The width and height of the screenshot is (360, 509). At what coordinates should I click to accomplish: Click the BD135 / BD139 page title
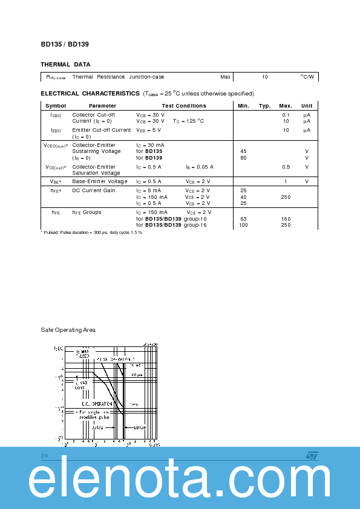coord(65,44)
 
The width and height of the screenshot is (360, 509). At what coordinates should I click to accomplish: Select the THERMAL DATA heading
coord(65,64)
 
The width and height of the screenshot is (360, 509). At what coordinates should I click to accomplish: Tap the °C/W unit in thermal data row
coord(307,77)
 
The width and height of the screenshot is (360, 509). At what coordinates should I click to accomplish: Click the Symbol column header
coord(56,106)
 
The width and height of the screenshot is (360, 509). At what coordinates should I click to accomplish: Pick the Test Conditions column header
coord(184,106)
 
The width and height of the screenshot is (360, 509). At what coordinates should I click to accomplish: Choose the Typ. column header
coord(264,106)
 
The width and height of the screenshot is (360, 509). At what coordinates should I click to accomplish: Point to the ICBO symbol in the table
coord(56,115)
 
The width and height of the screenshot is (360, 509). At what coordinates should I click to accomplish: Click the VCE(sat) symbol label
coord(56,167)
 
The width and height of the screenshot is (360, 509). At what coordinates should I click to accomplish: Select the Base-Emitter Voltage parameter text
coord(100,181)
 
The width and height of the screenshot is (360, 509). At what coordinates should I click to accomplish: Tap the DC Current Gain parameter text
coord(94,190)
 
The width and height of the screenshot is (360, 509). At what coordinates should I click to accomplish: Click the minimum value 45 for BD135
coord(243,151)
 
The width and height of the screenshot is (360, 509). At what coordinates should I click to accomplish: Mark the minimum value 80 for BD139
coord(243,158)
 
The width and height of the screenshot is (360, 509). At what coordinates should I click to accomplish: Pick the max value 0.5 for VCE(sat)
coord(286,167)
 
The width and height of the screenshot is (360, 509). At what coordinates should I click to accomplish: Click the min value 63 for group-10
coord(243,219)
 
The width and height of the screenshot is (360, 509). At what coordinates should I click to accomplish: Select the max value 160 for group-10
coord(286,219)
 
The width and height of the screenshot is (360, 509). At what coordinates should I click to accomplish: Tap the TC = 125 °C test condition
coord(189,121)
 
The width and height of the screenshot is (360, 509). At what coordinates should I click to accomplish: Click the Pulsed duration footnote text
coord(91,232)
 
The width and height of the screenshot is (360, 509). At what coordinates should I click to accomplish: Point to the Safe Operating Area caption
coord(68,330)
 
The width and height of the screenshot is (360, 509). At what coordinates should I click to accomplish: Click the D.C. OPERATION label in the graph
coord(97,403)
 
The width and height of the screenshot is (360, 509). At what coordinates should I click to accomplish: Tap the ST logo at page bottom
coord(312,455)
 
